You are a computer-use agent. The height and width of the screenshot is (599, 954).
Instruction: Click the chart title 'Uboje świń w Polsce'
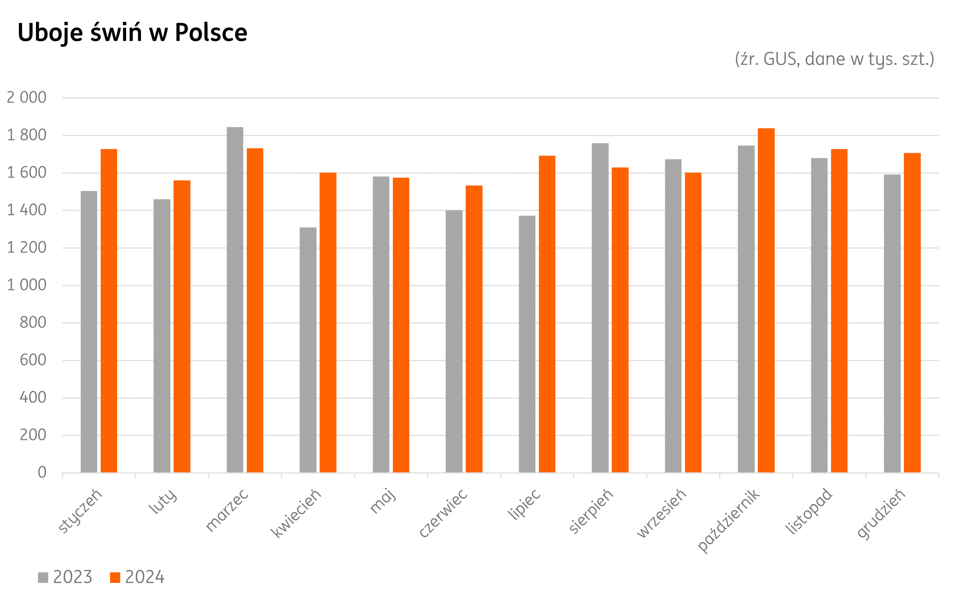[132, 33]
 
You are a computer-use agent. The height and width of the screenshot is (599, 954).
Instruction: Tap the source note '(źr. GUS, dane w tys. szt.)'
[834, 60]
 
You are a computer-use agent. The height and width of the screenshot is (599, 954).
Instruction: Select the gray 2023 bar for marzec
[235, 299]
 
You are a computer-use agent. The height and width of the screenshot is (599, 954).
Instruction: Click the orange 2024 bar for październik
[766, 300]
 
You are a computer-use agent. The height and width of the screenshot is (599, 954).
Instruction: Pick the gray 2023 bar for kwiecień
[308, 350]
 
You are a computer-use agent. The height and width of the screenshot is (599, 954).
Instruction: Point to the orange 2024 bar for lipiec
[547, 314]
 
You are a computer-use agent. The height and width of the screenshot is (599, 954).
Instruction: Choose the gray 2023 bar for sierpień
[600, 307]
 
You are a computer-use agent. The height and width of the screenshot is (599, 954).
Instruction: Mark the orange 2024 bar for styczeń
[109, 310]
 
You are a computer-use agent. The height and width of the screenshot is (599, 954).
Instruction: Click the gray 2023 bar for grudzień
[892, 323]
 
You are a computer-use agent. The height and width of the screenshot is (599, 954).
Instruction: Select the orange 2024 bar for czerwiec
[473, 329]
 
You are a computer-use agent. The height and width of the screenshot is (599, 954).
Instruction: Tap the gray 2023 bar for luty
[162, 336]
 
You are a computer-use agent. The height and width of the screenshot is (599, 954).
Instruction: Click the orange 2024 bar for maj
[401, 325]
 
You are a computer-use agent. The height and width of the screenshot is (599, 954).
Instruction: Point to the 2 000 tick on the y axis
[27, 98]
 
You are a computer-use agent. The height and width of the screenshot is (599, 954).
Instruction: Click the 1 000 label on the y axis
[27, 285]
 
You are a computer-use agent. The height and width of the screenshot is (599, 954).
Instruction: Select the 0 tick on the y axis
[42, 473]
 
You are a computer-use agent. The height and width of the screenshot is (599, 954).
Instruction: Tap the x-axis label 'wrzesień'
[661, 514]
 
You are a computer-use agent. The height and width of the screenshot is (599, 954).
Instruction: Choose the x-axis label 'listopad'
[808, 512]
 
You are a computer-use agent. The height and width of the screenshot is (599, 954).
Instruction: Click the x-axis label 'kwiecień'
[296, 514]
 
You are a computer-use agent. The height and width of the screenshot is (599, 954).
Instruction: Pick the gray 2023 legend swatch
[43, 577]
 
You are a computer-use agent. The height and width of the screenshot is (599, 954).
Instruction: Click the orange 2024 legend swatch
[115, 577]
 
